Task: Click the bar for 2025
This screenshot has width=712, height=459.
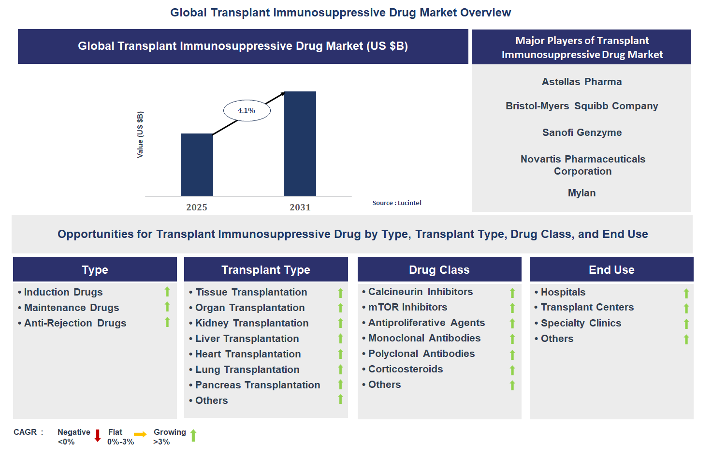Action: pyautogui.click(x=197, y=164)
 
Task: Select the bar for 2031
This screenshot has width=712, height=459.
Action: pyautogui.click(x=300, y=144)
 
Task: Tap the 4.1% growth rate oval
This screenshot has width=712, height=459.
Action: pyautogui.click(x=247, y=111)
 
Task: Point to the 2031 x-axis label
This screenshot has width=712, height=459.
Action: pyautogui.click(x=300, y=207)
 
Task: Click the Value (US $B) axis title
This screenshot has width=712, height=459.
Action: pyautogui.click(x=140, y=134)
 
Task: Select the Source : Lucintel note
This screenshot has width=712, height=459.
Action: pyautogui.click(x=397, y=203)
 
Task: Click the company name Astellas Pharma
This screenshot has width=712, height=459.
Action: pyautogui.click(x=581, y=82)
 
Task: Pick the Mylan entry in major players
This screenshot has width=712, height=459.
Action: pyautogui.click(x=581, y=193)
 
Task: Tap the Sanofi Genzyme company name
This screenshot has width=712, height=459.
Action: pyautogui.click(x=581, y=133)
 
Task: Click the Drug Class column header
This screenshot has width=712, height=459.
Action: pyautogui.click(x=439, y=270)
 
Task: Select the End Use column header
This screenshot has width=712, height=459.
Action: pyautogui.click(x=611, y=270)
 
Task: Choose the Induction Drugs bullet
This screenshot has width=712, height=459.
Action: pyautogui.click(x=63, y=292)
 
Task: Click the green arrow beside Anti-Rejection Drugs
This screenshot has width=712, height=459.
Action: pyautogui.click(x=167, y=322)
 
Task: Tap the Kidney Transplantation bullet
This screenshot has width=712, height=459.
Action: pyautogui.click(x=251, y=323)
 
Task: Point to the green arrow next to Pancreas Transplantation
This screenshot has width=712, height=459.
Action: pyautogui.click(x=340, y=385)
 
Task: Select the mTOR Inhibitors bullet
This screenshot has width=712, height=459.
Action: pyautogui.click(x=407, y=307)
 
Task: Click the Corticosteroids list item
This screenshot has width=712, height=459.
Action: pyautogui.click(x=405, y=369)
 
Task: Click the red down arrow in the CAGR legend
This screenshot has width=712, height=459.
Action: pyautogui.click(x=98, y=436)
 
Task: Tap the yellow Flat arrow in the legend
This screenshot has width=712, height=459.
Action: pyautogui.click(x=140, y=434)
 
